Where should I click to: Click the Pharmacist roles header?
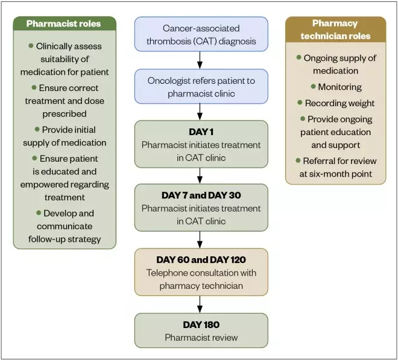pyautogui.click(x=64, y=25)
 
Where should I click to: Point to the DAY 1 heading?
pyautogui.click(x=200, y=132)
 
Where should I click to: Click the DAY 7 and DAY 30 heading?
pyautogui.click(x=200, y=195)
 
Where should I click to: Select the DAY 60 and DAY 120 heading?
pyautogui.click(x=200, y=260)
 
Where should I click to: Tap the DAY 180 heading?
pyautogui.click(x=200, y=324)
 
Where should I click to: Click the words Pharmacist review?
pyautogui.click(x=200, y=337)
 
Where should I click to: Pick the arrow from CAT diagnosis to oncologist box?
pyautogui.click(x=200, y=60)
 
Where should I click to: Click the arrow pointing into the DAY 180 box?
pyautogui.click(x=200, y=304)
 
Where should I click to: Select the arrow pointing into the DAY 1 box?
pyautogui.click(x=200, y=112)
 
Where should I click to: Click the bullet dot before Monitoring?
pyautogui.click(x=313, y=86)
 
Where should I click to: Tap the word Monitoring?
pyautogui.click(x=340, y=87)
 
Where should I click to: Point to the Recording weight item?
pyautogui.click(x=339, y=103)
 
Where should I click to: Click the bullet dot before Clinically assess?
pyautogui.click(x=31, y=46)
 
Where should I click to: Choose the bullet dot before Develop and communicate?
pyautogui.click(x=37, y=213)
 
